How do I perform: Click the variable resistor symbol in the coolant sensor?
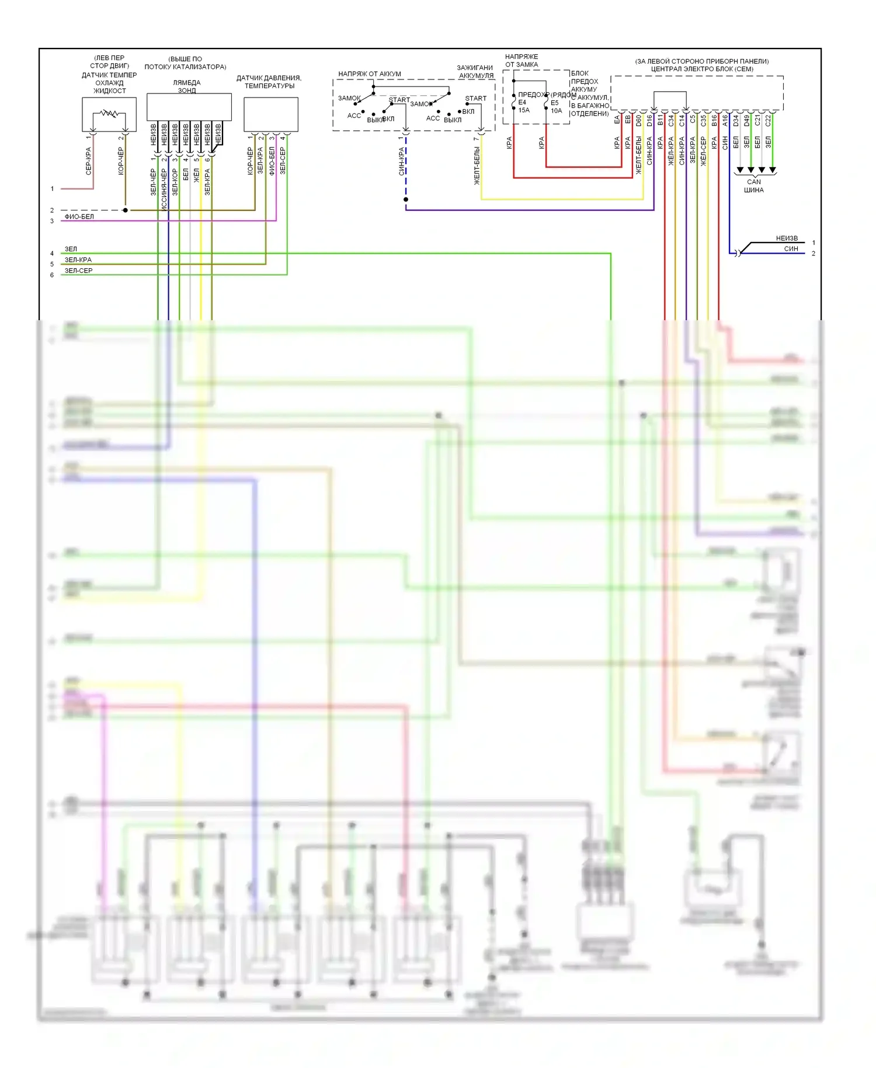pyautogui.click(x=109, y=113)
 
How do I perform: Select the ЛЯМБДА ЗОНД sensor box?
pyautogui.click(x=189, y=107)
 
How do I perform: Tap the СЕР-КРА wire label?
pyautogui.click(x=89, y=161)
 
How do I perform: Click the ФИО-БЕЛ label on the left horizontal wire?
pyautogui.click(x=79, y=217)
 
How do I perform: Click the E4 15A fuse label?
pyautogui.click(x=523, y=106)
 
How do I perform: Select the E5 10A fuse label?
pyautogui.click(x=555, y=107)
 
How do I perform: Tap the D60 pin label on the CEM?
pyautogui.click(x=639, y=120)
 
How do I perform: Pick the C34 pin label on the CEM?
pyautogui.click(x=671, y=120)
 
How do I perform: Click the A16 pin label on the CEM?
pyautogui.click(x=725, y=120)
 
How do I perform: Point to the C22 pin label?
pyautogui.click(x=768, y=120)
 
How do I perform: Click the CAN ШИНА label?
pyautogui.click(x=753, y=186)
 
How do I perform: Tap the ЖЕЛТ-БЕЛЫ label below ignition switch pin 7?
pyautogui.click(x=477, y=166)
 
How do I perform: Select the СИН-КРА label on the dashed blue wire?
pyautogui.click(x=401, y=161)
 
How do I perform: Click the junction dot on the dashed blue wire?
pyautogui.click(x=406, y=200)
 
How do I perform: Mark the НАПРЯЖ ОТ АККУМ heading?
pyautogui.click(x=369, y=74)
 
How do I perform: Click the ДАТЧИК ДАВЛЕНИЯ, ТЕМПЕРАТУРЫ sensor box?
pyautogui.click(x=270, y=115)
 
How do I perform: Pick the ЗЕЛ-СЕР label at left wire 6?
pyautogui.click(x=78, y=271)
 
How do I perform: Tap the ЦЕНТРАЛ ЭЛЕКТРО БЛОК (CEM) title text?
pyautogui.click(x=701, y=69)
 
